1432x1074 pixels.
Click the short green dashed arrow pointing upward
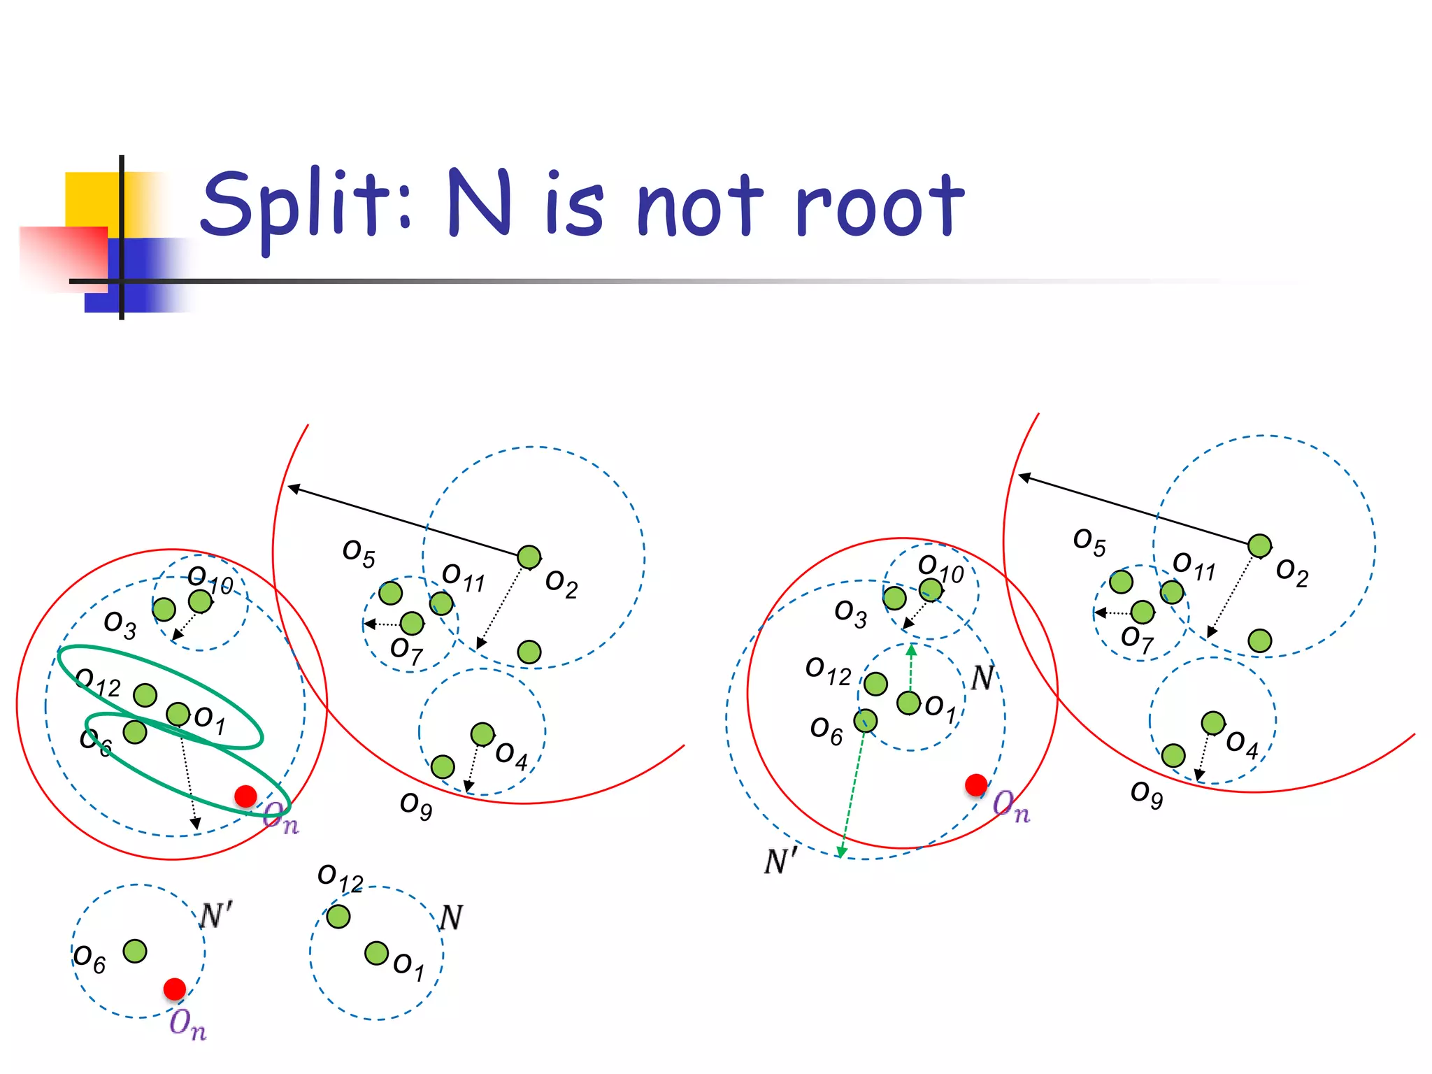[911, 668]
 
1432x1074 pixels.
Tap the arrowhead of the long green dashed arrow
[842, 852]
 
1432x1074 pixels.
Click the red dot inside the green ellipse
[245, 796]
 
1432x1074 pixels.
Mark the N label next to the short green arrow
[983, 677]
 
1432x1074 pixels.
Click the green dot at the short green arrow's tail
[908, 703]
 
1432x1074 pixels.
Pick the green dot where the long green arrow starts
[866, 720]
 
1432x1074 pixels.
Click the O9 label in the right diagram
[1147, 794]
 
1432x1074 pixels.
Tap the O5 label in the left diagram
[359, 553]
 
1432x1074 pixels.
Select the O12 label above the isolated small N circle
[340, 878]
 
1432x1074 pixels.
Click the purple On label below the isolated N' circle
[187, 1024]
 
